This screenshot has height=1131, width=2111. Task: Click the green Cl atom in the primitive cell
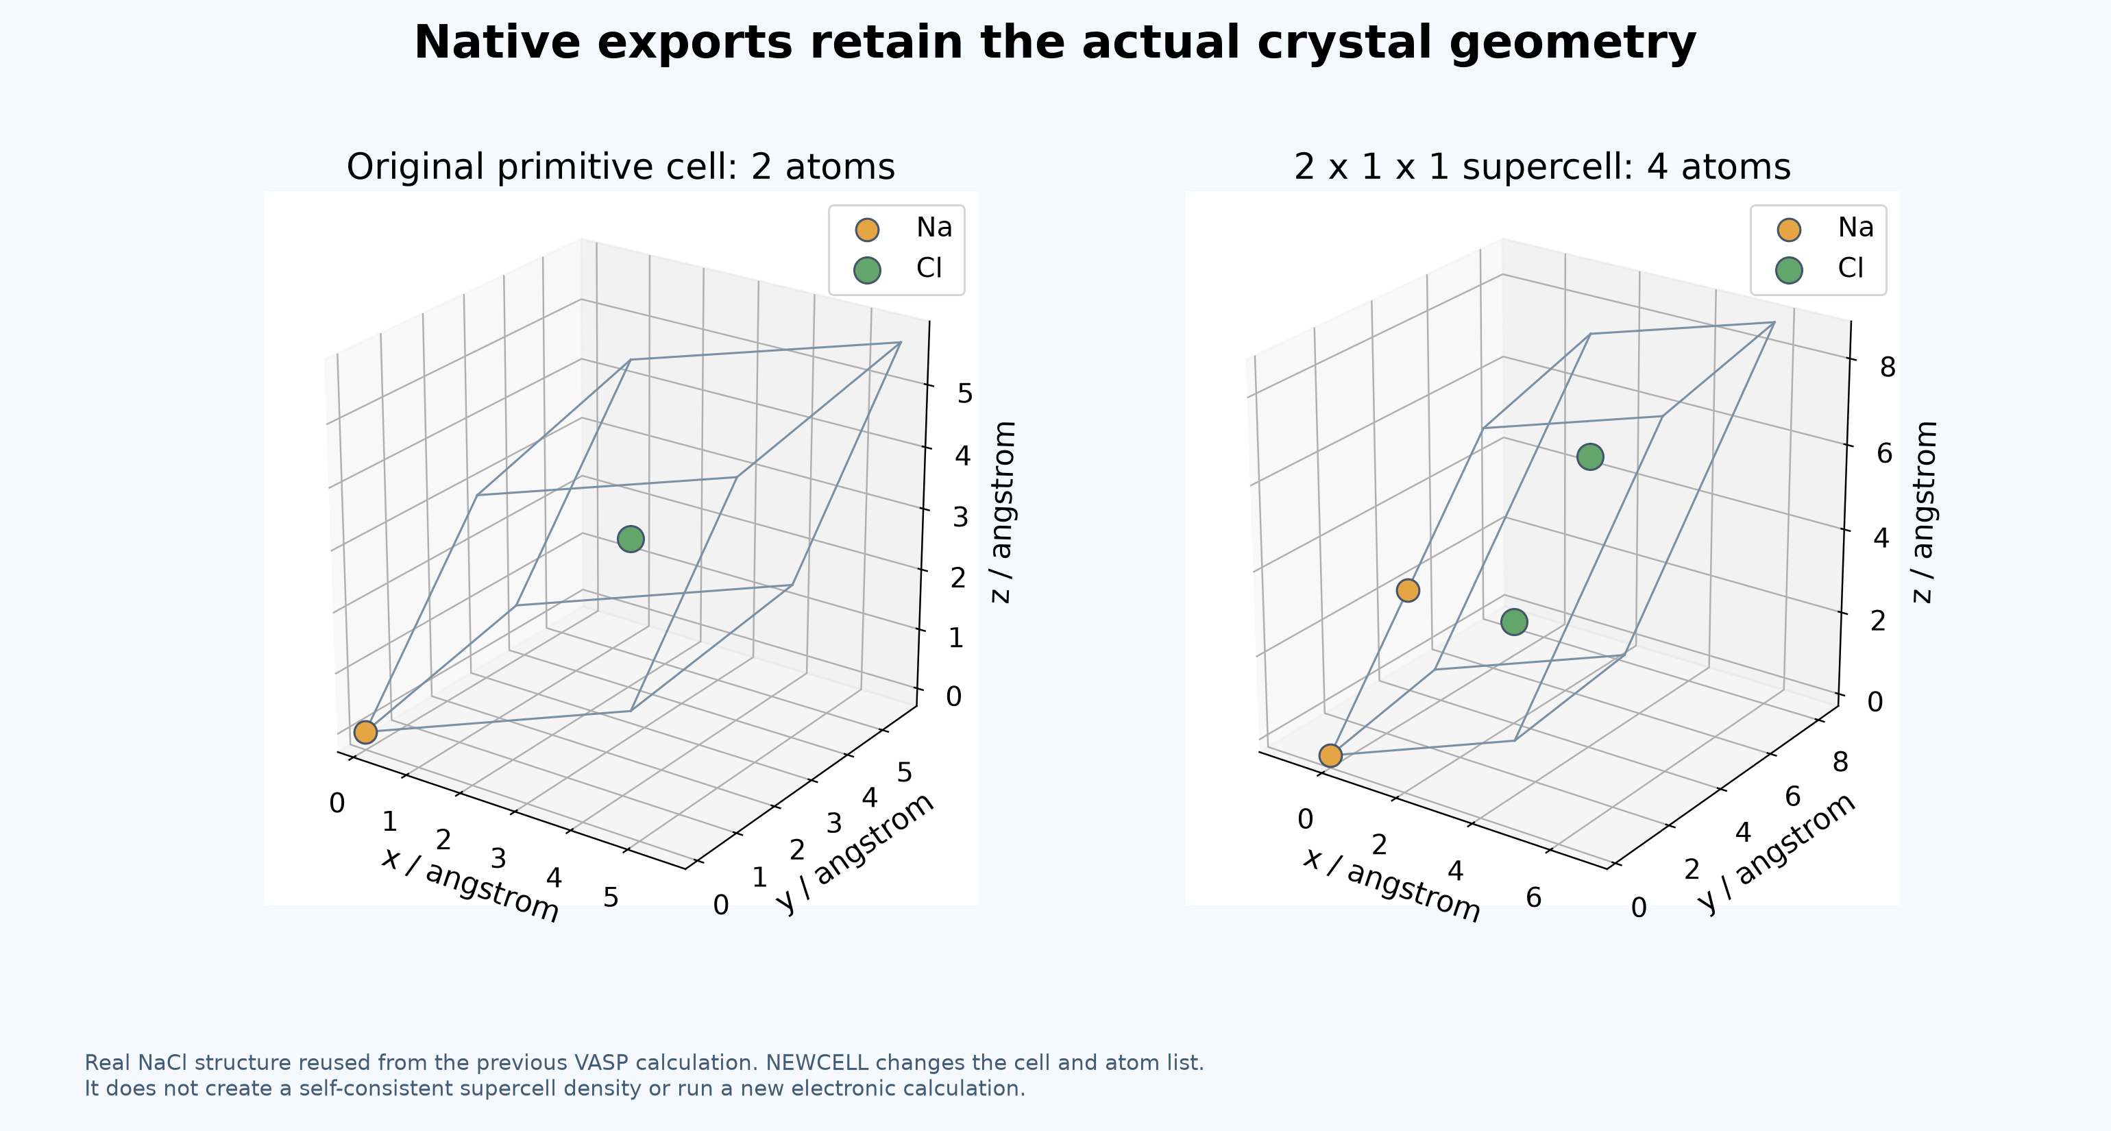[x=630, y=539]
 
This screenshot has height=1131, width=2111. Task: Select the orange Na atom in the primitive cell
[x=365, y=732]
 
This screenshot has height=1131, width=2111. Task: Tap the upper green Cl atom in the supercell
[x=1590, y=457]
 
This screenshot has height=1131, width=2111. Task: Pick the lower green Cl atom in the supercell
[x=1513, y=622]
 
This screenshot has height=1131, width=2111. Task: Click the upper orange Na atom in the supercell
[x=1408, y=590]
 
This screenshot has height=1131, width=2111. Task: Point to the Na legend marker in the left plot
[x=866, y=230]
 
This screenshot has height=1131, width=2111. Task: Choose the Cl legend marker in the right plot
[x=1789, y=269]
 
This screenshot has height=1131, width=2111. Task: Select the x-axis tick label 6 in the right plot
[x=1533, y=898]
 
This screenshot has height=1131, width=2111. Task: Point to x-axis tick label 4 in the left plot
[x=554, y=878]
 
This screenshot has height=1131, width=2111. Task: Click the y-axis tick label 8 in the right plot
[x=1840, y=763]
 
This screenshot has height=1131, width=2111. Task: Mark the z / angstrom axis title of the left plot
[x=1003, y=512]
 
